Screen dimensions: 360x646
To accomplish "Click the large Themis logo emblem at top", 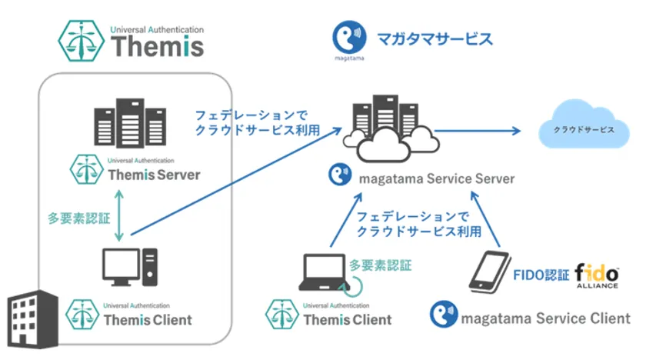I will pyautogui.click(x=82, y=39).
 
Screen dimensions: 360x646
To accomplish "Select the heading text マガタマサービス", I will pyautogui.click(x=434, y=38).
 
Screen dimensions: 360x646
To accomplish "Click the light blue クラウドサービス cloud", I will pyautogui.click(x=584, y=129).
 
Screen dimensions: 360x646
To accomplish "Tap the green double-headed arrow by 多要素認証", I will pyautogui.click(x=118, y=218).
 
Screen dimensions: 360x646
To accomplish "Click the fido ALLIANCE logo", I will pyautogui.click(x=597, y=273).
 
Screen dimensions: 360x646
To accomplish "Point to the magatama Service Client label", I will pyautogui.click(x=541, y=317).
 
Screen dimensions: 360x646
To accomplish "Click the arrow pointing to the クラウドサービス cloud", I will pyautogui.click(x=481, y=130).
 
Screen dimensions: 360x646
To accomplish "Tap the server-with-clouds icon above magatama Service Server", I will pyautogui.click(x=388, y=127).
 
